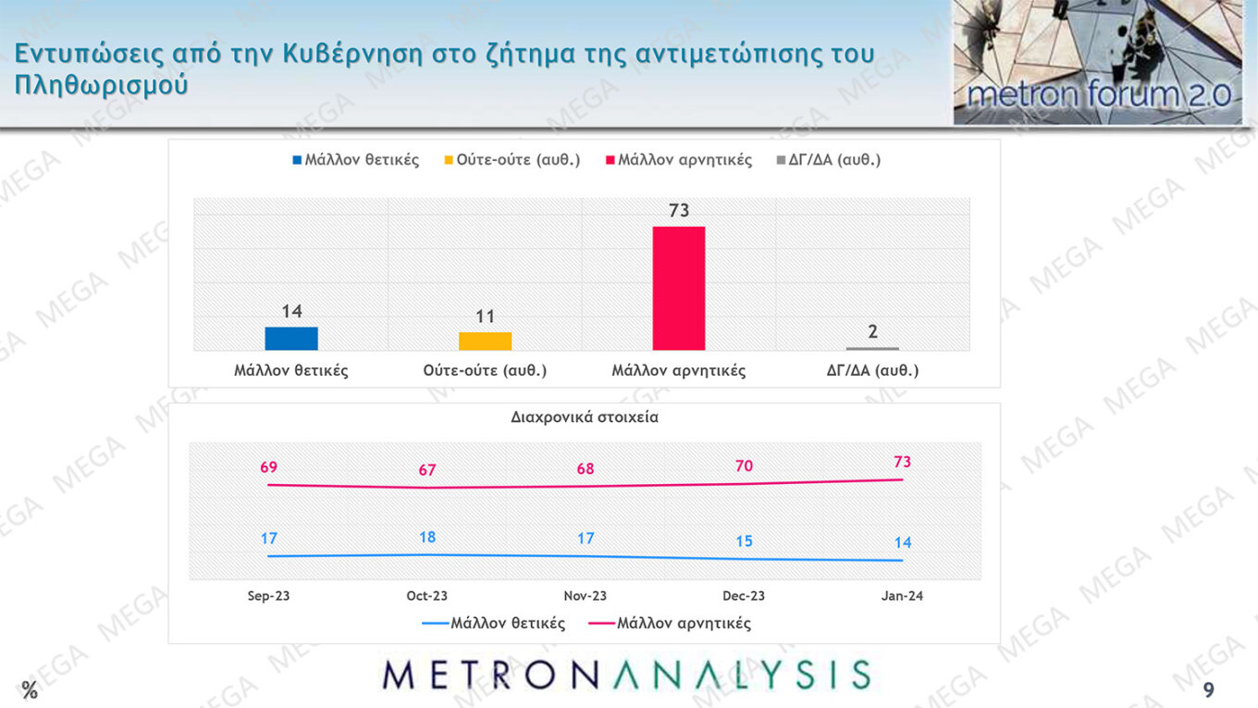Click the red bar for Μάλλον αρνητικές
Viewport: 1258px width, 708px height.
coord(678,288)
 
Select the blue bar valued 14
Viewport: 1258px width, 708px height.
coord(291,338)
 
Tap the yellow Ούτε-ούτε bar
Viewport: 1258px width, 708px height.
coord(485,341)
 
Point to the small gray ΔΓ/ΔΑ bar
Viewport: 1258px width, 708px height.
coord(872,348)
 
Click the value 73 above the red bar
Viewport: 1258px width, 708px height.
coord(679,211)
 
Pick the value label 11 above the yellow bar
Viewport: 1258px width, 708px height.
coord(486,317)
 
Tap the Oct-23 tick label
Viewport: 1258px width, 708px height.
coord(427,596)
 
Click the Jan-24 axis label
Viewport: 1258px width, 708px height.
coord(902,596)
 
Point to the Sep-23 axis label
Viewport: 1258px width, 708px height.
coord(268,596)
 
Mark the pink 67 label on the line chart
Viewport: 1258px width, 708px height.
coord(427,470)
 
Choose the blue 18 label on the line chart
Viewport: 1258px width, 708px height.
coord(427,537)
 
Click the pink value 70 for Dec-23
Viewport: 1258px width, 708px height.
coord(745,466)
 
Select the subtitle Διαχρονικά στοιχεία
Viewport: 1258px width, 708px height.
coord(585,417)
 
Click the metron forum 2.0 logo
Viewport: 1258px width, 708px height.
coord(1097,63)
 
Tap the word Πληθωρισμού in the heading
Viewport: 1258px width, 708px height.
coord(102,85)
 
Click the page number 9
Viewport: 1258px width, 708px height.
coord(1208,691)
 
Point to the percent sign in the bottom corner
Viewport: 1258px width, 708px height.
coord(31,690)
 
